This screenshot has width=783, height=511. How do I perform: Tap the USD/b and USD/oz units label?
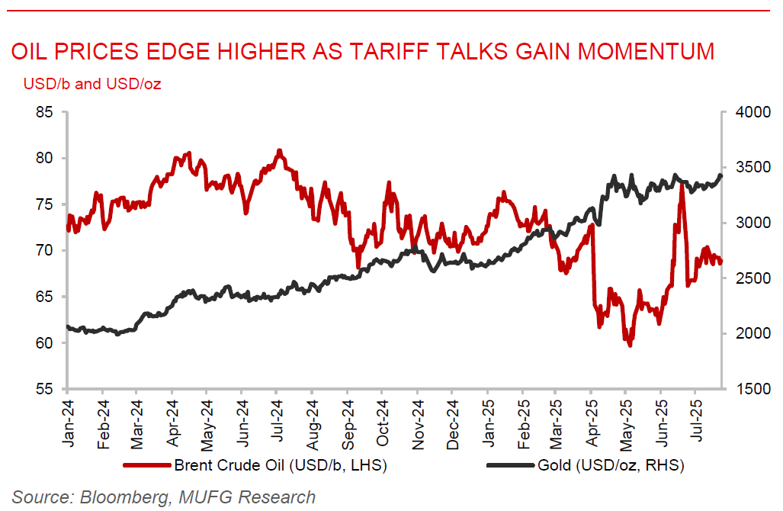coord(92,83)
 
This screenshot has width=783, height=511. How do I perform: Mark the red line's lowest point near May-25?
coord(630,345)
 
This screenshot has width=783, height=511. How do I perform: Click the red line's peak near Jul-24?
coord(279,151)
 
